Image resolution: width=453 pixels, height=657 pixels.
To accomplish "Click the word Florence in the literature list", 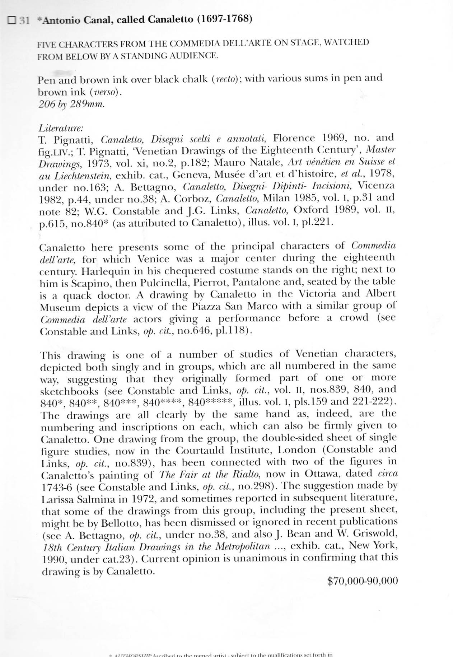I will coord(294,138).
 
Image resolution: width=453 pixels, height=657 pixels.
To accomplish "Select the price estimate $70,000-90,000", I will coord(363,581).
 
